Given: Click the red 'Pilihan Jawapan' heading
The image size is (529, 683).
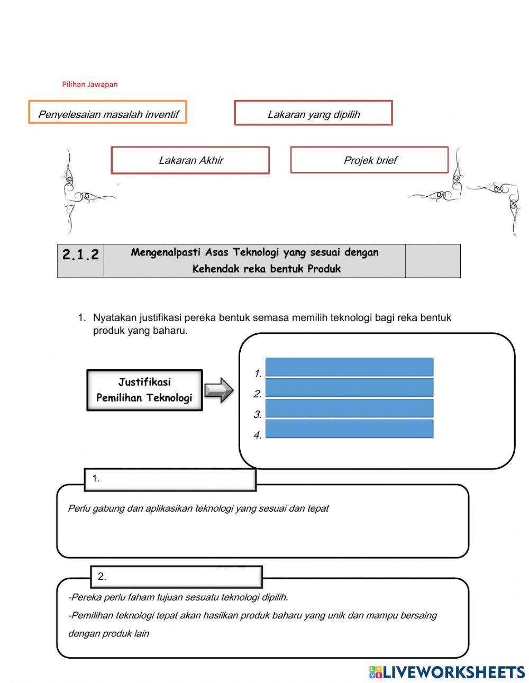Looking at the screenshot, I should (x=89, y=84).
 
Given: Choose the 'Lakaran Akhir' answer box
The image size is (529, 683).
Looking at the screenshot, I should (x=190, y=160).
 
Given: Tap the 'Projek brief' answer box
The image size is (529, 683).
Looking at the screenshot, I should (x=369, y=160).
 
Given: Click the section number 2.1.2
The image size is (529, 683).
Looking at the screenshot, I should (x=80, y=255).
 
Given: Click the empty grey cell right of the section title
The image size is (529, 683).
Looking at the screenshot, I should (x=432, y=261).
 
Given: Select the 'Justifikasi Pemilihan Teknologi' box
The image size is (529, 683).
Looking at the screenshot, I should (x=144, y=390).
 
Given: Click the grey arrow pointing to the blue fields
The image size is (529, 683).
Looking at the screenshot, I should (x=218, y=390).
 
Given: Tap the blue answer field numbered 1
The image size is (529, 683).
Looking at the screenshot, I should (x=349, y=367).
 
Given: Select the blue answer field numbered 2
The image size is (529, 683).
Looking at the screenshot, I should (x=349, y=387).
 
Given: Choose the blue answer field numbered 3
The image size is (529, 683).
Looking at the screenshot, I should (x=349, y=408).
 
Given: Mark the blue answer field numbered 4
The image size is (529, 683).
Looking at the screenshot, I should (x=349, y=429).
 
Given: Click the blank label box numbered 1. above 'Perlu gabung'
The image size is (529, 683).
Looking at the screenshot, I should (x=170, y=479).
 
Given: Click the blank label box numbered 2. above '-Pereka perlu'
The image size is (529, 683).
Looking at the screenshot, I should (x=176, y=577).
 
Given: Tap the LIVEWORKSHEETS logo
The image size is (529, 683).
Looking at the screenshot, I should (x=447, y=672).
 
